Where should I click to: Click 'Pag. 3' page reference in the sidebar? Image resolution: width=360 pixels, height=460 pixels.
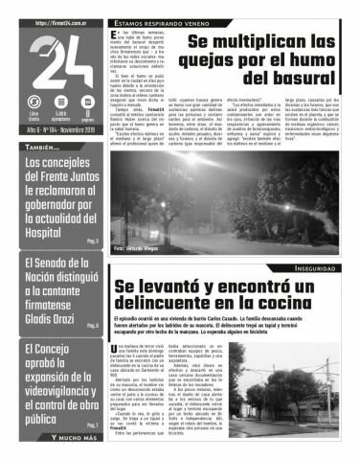coord(92,242)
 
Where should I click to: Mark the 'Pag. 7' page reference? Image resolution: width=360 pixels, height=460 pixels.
coord(92,425)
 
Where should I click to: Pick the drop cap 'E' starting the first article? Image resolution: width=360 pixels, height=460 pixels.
coord(115,34)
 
